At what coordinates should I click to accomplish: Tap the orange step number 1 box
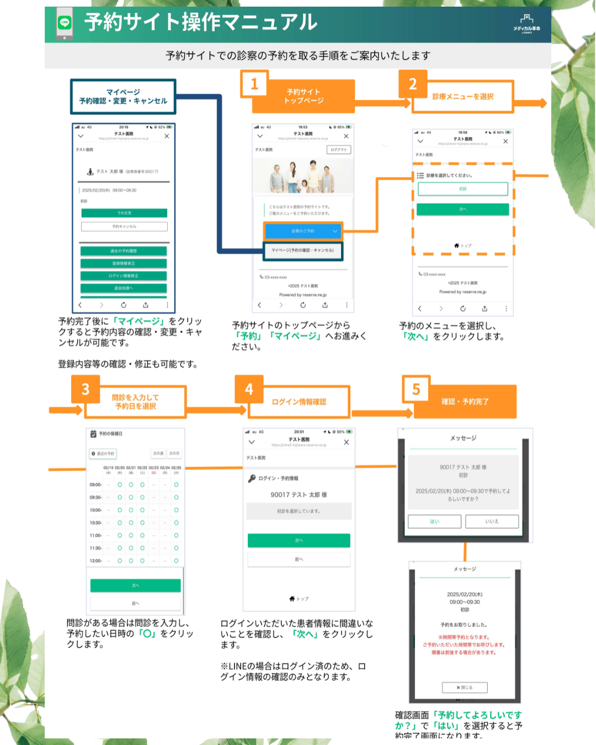click(254, 84)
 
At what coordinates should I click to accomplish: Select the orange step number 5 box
click(416, 390)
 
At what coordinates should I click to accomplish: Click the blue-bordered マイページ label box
click(123, 97)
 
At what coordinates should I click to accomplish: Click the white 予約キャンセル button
click(124, 226)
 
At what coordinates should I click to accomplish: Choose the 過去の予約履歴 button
click(124, 251)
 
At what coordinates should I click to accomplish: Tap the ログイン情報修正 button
click(124, 276)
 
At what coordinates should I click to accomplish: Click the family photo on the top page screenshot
click(303, 176)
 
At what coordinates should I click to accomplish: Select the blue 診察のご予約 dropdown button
click(303, 231)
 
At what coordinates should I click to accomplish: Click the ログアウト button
click(339, 150)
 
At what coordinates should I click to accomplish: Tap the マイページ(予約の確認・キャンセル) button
click(303, 251)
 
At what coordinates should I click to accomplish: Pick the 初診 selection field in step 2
click(462, 189)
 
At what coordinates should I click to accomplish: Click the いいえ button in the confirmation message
click(492, 521)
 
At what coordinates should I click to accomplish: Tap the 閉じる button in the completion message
click(465, 688)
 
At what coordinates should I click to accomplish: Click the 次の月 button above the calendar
click(174, 454)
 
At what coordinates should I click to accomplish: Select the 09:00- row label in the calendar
click(95, 485)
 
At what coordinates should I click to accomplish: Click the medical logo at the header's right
click(526, 24)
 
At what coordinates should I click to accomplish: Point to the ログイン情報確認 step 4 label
click(299, 402)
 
